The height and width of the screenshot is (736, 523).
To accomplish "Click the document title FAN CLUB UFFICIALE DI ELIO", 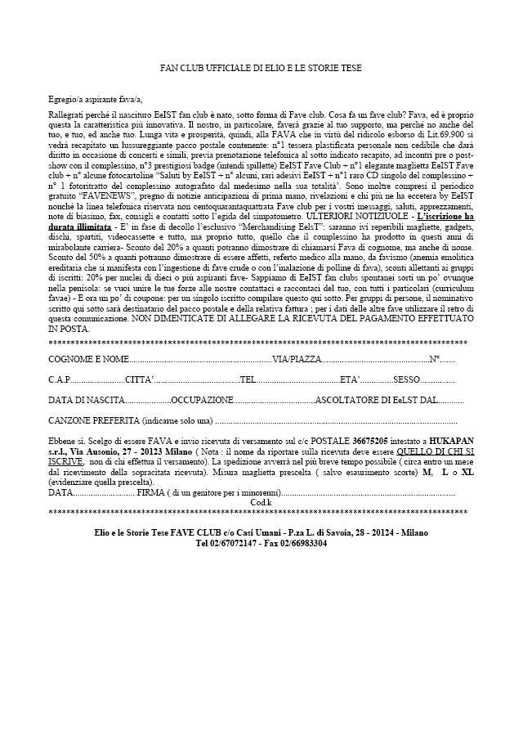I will click(x=261, y=68).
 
